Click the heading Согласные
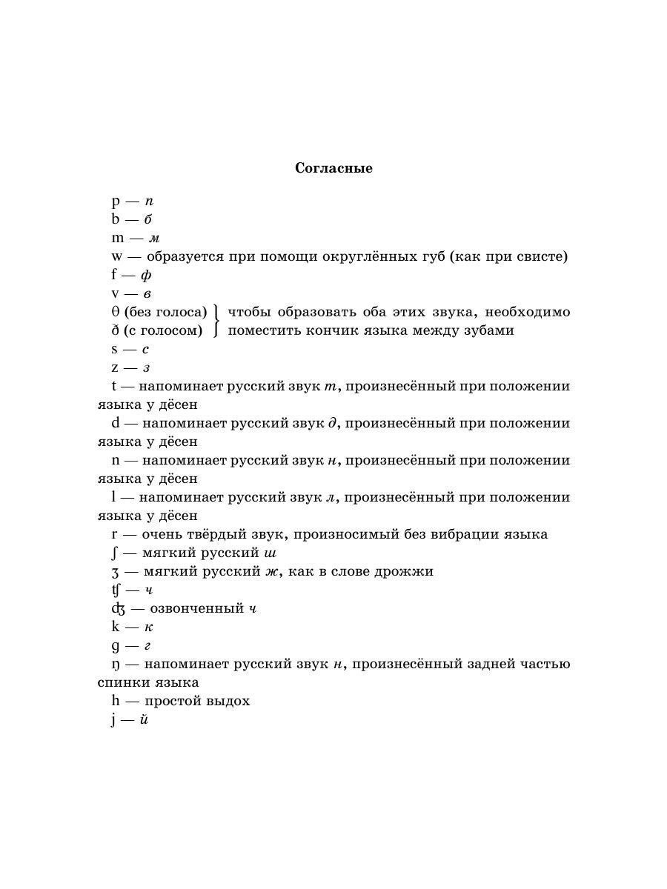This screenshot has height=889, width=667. (x=333, y=168)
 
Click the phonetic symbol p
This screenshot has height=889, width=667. (x=115, y=202)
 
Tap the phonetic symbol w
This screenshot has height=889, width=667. (x=117, y=257)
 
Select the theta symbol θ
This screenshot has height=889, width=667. (x=115, y=312)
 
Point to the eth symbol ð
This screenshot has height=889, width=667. (x=115, y=330)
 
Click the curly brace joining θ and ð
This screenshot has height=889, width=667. (x=216, y=321)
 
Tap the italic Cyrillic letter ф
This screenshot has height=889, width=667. (x=146, y=276)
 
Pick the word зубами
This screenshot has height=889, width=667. (x=488, y=330)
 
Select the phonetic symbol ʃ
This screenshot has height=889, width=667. (x=113, y=553)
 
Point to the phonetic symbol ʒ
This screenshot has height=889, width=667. (x=114, y=572)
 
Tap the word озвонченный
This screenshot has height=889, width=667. (x=197, y=608)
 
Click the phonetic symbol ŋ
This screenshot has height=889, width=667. (x=115, y=665)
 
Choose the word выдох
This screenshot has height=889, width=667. (x=228, y=701)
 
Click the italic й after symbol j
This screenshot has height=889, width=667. (x=144, y=719)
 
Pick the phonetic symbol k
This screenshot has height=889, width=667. (x=115, y=627)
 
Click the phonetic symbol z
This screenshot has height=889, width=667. (x=115, y=367)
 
